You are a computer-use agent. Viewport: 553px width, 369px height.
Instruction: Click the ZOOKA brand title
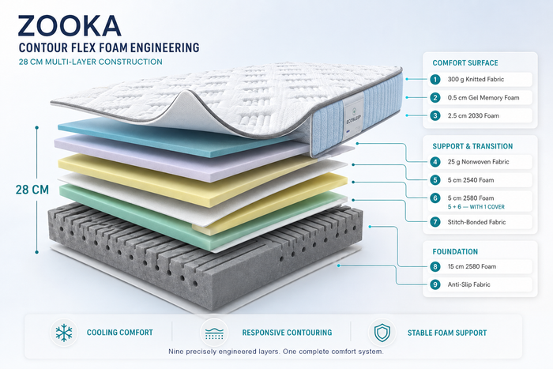click(70, 26)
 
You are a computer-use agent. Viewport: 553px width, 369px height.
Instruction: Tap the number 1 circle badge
click(435, 79)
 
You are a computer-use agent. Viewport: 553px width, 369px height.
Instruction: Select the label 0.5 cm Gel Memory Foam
click(483, 98)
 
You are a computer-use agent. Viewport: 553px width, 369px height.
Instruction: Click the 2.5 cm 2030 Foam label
click(473, 115)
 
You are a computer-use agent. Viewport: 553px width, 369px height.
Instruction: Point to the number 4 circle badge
click(435, 162)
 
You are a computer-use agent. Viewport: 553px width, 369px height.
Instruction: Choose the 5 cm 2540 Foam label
click(471, 180)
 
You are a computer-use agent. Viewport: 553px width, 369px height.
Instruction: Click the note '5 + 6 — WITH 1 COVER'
click(476, 207)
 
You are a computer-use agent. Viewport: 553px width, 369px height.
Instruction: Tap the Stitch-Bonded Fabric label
click(476, 222)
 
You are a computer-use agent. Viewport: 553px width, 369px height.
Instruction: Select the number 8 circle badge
click(435, 267)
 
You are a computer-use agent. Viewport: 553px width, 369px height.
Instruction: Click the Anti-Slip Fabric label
click(468, 284)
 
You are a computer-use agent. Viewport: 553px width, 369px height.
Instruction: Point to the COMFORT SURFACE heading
click(465, 63)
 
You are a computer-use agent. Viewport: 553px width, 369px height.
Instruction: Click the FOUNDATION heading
click(455, 252)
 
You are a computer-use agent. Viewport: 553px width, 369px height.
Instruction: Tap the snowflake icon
click(64, 333)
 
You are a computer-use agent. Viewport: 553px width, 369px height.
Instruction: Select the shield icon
click(382, 333)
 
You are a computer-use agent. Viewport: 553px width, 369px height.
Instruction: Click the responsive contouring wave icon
click(214, 333)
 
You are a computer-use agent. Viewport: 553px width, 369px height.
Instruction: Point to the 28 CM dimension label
click(32, 190)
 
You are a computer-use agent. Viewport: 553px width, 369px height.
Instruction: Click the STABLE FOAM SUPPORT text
click(447, 333)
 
